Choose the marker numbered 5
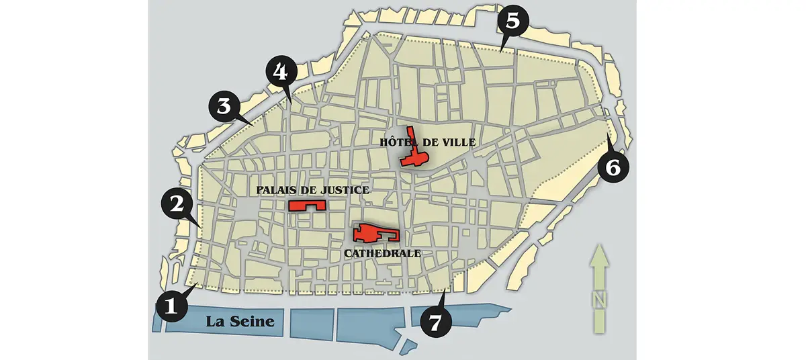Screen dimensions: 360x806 point(512,22)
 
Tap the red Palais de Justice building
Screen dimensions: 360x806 point(306,205)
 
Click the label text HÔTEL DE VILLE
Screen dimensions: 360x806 point(427,142)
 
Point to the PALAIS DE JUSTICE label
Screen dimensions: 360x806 point(312,191)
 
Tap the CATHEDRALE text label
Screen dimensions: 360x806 point(382,254)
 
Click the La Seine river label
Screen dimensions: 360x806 point(240,322)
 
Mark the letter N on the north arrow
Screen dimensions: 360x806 point(598,298)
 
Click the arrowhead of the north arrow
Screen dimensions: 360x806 point(598,257)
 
